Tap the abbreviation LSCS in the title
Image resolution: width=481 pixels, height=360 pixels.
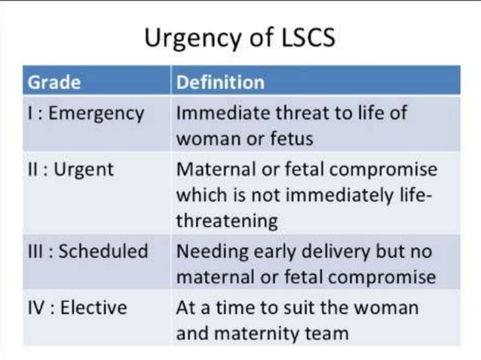tap(302, 37)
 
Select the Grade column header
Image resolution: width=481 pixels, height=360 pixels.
tap(54, 81)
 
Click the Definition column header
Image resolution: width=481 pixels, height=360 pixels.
tap(220, 81)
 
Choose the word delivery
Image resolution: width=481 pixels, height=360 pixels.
tap(315, 251)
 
